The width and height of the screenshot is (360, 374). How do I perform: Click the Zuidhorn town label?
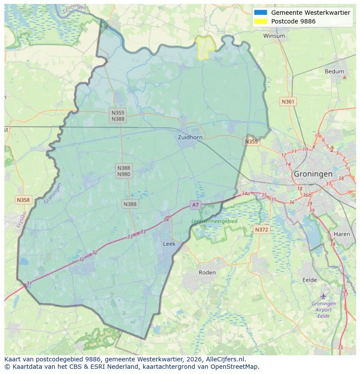(x=190, y=137)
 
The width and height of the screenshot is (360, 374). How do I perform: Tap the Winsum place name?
(x=274, y=36)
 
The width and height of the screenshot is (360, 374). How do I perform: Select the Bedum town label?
(x=334, y=72)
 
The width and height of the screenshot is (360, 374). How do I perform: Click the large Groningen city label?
(x=313, y=174)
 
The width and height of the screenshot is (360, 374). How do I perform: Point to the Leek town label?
(x=169, y=244)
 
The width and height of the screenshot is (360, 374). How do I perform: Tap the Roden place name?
(x=207, y=272)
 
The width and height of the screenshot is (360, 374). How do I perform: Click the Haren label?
(x=341, y=234)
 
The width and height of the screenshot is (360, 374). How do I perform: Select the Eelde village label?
(x=310, y=280)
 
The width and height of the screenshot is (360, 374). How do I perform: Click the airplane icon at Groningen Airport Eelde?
(x=323, y=296)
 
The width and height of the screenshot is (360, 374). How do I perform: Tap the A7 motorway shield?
(x=195, y=205)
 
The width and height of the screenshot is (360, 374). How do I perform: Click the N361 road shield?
(x=288, y=102)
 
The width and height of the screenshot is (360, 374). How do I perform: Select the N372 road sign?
(x=261, y=229)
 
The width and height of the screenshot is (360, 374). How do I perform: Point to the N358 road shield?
(x=23, y=200)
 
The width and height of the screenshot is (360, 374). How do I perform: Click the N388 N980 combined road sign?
(x=123, y=171)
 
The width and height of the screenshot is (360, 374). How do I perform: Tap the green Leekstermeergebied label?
(x=214, y=221)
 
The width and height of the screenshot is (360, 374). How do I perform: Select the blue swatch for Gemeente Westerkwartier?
(x=261, y=13)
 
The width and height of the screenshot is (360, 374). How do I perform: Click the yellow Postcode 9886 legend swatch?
(x=261, y=21)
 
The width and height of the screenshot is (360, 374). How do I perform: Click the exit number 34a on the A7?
(x=246, y=194)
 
